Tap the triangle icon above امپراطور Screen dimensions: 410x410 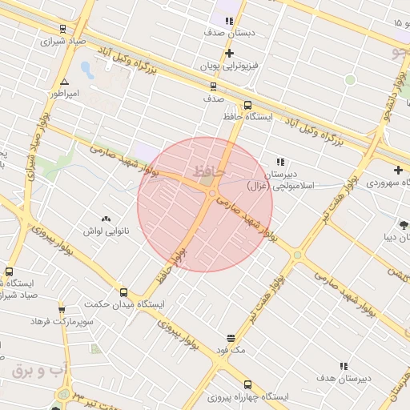[x=65, y=82]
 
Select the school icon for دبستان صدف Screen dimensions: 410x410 [x=229, y=22]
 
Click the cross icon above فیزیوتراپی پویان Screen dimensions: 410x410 [x=230, y=52]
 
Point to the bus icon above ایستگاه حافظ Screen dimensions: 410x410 [x=247, y=105]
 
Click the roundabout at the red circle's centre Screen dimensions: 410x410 [x=211, y=193]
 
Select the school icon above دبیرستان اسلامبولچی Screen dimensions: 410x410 [x=280, y=162]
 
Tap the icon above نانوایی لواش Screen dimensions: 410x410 [x=106, y=219]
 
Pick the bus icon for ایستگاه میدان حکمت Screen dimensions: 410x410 [x=123, y=292]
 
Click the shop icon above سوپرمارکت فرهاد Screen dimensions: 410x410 [x=62, y=309]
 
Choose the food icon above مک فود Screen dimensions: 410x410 [x=231, y=339]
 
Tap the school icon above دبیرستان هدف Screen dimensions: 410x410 [x=344, y=365]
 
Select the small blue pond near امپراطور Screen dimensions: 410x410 [x=86, y=70]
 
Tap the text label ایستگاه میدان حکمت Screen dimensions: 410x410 [x=123, y=305]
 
